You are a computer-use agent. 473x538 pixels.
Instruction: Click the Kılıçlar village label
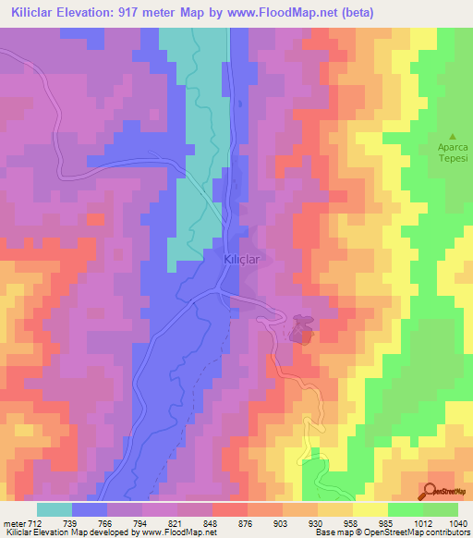tap(245, 261)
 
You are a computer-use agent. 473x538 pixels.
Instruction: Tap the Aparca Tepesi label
tap(453, 152)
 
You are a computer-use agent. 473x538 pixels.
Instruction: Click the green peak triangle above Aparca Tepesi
tap(453, 135)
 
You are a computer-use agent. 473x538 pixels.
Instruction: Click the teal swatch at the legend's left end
tap(55, 509)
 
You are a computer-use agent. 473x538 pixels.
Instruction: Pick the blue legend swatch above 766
tap(90, 509)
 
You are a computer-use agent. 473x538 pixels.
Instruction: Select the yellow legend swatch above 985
tap(370, 509)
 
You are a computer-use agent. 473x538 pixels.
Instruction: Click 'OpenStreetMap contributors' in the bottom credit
tap(420, 532)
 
